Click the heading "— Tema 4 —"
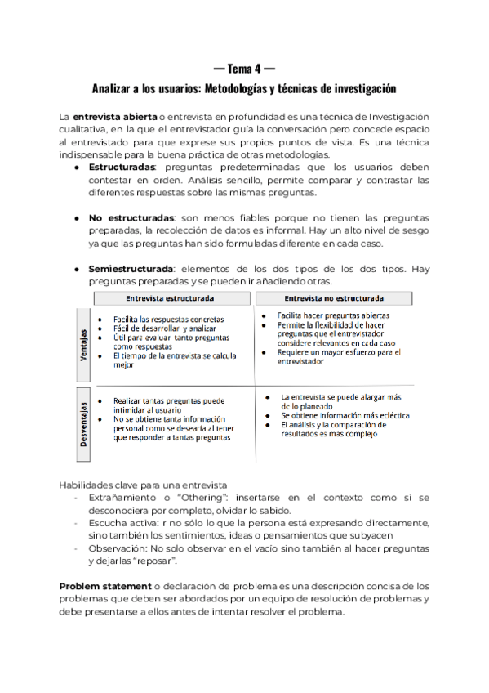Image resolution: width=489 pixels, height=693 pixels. [243, 67]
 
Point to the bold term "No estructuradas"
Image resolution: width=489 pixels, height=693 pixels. [131, 218]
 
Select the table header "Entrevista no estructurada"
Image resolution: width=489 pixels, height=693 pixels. [336, 297]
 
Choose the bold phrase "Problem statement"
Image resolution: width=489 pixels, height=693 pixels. [105, 587]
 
